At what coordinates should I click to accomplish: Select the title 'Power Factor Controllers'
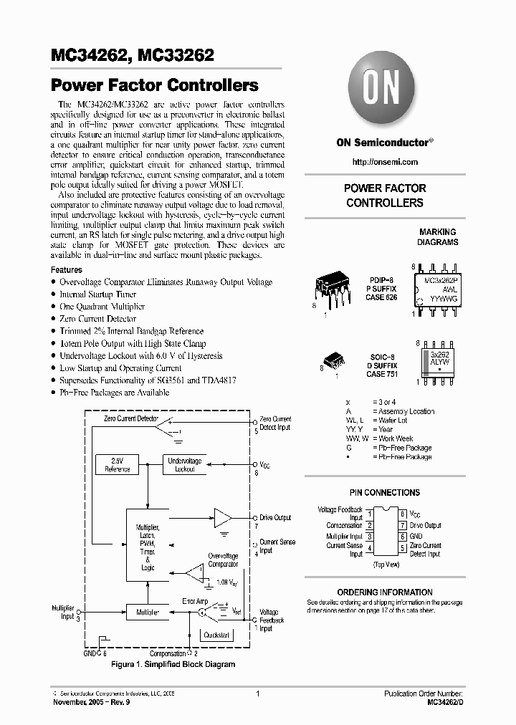tap(155, 85)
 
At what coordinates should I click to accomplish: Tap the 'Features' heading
tap(67, 270)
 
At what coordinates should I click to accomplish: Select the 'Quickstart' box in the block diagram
tap(216, 635)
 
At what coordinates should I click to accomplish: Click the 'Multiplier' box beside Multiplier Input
tap(148, 613)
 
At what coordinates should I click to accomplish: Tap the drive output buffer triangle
tap(223, 518)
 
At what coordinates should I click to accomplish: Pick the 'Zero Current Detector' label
tap(131, 418)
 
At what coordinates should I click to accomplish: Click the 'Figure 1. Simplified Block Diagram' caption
tap(173, 665)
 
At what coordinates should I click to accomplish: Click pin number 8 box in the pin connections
tap(403, 514)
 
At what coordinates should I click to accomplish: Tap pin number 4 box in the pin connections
tap(369, 549)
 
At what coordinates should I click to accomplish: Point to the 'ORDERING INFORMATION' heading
tap(385, 592)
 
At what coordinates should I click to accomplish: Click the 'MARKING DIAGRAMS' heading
tap(437, 237)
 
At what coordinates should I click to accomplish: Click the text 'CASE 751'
tap(381, 374)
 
